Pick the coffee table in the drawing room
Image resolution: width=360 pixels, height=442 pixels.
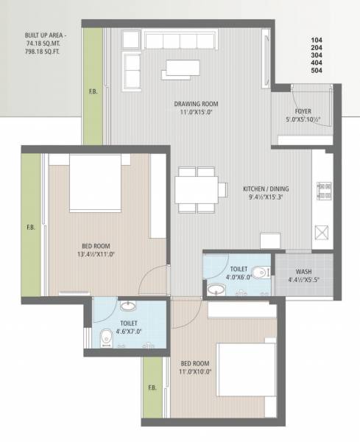coord(181,68)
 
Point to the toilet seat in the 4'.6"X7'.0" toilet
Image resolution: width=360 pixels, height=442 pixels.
coord(105,339)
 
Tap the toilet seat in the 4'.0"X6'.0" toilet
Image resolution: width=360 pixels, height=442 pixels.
coord(258,271)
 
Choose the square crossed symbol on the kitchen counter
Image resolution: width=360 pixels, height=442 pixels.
coord(321,234)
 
